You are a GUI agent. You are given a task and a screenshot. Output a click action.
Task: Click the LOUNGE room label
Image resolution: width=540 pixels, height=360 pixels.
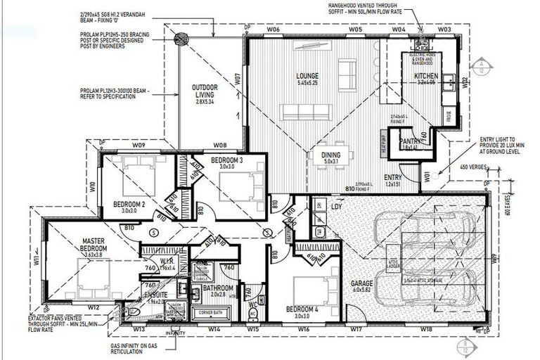tap(307, 76)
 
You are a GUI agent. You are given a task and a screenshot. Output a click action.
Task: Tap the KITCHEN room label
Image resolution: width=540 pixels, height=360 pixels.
tap(425, 76)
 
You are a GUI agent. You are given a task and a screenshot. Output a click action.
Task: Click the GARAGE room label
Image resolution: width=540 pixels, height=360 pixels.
tap(362, 283)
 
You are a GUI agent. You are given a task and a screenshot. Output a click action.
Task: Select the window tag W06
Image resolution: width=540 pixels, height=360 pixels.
tap(274, 30)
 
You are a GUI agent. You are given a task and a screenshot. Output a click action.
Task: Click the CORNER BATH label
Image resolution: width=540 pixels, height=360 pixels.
tap(210, 311)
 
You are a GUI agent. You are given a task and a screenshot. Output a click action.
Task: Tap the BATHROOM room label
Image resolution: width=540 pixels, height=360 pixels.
tap(219, 288)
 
